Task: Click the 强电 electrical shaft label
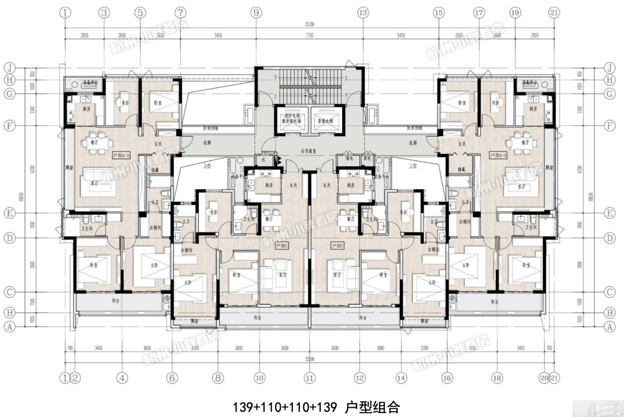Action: pos(349,158)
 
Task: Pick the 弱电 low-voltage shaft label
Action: pos(366,158)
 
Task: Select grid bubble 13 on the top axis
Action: pos(362,12)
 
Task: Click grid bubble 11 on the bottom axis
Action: pos(310,378)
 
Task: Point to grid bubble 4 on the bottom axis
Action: pos(122,378)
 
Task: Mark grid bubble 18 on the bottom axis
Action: pos(496,378)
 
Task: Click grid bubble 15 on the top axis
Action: pos(439,12)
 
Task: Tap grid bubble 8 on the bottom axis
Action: pos(218,378)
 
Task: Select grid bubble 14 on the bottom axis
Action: pos(401,378)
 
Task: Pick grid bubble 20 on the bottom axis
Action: pos(544,378)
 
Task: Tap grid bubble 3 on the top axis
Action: pos(104,12)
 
